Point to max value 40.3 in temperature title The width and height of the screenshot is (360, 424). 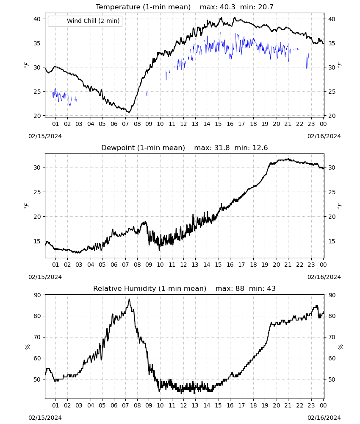[228, 7]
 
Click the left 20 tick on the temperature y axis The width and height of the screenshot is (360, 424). [37, 116]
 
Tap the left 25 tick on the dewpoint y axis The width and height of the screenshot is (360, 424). [37, 192]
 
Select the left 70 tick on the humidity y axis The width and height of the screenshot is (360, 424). [37, 337]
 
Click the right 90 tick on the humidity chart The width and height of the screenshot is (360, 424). [332, 295]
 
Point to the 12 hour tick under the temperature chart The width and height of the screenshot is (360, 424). [183, 124]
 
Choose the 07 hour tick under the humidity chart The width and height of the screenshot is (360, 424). [125, 405]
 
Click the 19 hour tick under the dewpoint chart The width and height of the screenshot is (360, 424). [265, 265]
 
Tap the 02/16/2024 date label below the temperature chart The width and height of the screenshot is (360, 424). [324, 136]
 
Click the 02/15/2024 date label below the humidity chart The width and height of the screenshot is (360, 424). [45, 418]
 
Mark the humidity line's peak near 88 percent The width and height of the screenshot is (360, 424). [129, 299]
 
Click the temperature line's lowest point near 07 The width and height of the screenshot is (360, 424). [129, 112]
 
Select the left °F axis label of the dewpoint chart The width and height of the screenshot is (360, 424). [26, 206]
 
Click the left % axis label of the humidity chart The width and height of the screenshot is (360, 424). [27, 347]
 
